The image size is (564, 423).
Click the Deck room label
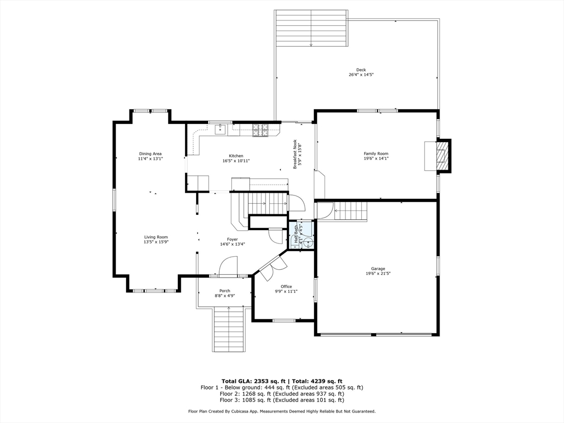pyautogui.click(x=361, y=70)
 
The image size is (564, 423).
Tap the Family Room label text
pyautogui.click(x=376, y=154)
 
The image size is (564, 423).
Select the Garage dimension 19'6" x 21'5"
pyautogui.click(x=378, y=273)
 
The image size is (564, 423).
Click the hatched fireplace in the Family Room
pyautogui.click(x=442, y=156)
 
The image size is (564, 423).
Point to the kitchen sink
pyautogui.click(x=220, y=128)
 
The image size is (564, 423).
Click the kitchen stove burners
pyautogui.click(x=261, y=131)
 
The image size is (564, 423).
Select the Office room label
pyautogui.click(x=286, y=286)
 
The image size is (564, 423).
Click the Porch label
pyautogui.click(x=225, y=291)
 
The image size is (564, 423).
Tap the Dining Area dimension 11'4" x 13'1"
pyautogui.click(x=150, y=158)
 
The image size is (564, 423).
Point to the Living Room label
pyautogui.click(x=156, y=237)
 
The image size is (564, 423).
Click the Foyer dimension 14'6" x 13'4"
pyautogui.click(x=232, y=244)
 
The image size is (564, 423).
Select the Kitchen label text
pyautogui.click(x=236, y=156)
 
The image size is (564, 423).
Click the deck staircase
pyautogui.click(x=311, y=28)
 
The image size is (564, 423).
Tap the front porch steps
pyautogui.click(x=229, y=330)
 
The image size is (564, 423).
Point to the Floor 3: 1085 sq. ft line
pyautogui.click(x=281, y=400)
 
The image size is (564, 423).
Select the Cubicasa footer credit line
pyautogui.click(x=281, y=411)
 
